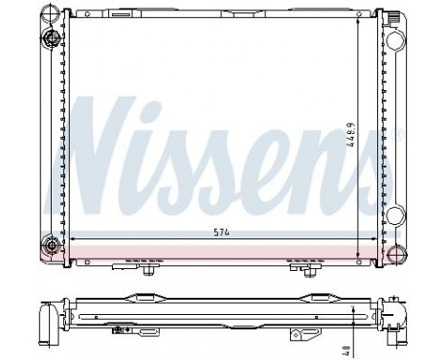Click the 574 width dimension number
point(221,232)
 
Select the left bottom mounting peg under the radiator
point(147,270)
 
